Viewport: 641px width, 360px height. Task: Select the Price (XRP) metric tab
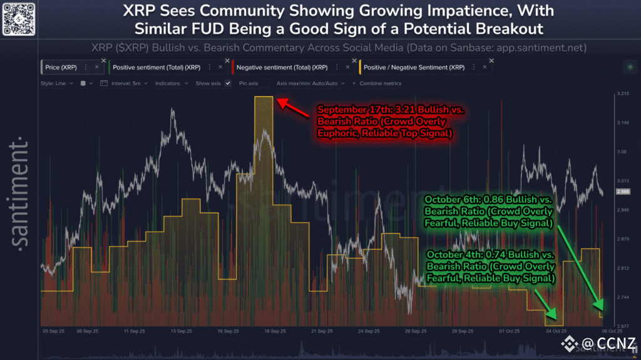[x=61, y=66]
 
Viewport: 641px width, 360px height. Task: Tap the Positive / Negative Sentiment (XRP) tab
[x=414, y=66]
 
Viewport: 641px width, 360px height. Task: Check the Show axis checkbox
[x=228, y=83]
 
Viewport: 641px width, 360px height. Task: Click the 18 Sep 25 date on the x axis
[x=275, y=331]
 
